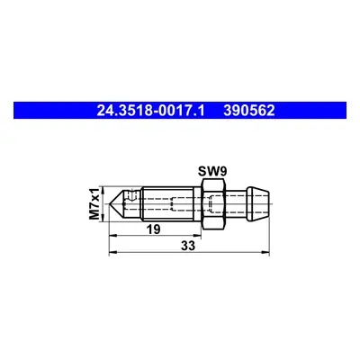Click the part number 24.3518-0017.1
click(150, 111)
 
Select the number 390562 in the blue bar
click(248, 111)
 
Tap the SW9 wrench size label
click(212, 172)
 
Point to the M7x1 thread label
click(95, 204)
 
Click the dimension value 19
click(153, 229)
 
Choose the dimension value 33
click(188, 246)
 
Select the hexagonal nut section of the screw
click(213, 204)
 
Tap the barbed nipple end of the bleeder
click(257, 204)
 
